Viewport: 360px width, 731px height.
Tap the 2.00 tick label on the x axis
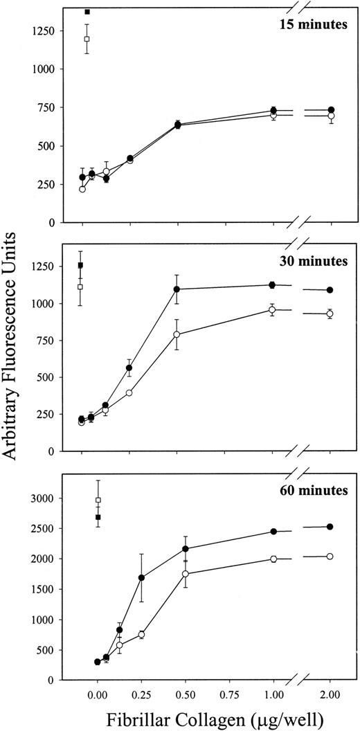pyautogui.click(x=330, y=692)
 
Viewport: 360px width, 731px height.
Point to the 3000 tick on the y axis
pyautogui.click(x=46, y=498)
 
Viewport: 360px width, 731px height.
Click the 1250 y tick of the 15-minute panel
pyautogui.click(x=46, y=31)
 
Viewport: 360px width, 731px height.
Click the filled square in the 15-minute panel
pyautogui.click(x=87, y=12)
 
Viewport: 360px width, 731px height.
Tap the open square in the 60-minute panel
pyautogui.click(x=98, y=500)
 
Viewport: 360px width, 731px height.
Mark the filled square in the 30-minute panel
pyautogui.click(x=81, y=265)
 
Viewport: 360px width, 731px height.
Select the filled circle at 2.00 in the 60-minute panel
pyautogui.click(x=330, y=527)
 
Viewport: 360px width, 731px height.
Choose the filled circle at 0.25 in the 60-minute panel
pyautogui.click(x=141, y=577)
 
